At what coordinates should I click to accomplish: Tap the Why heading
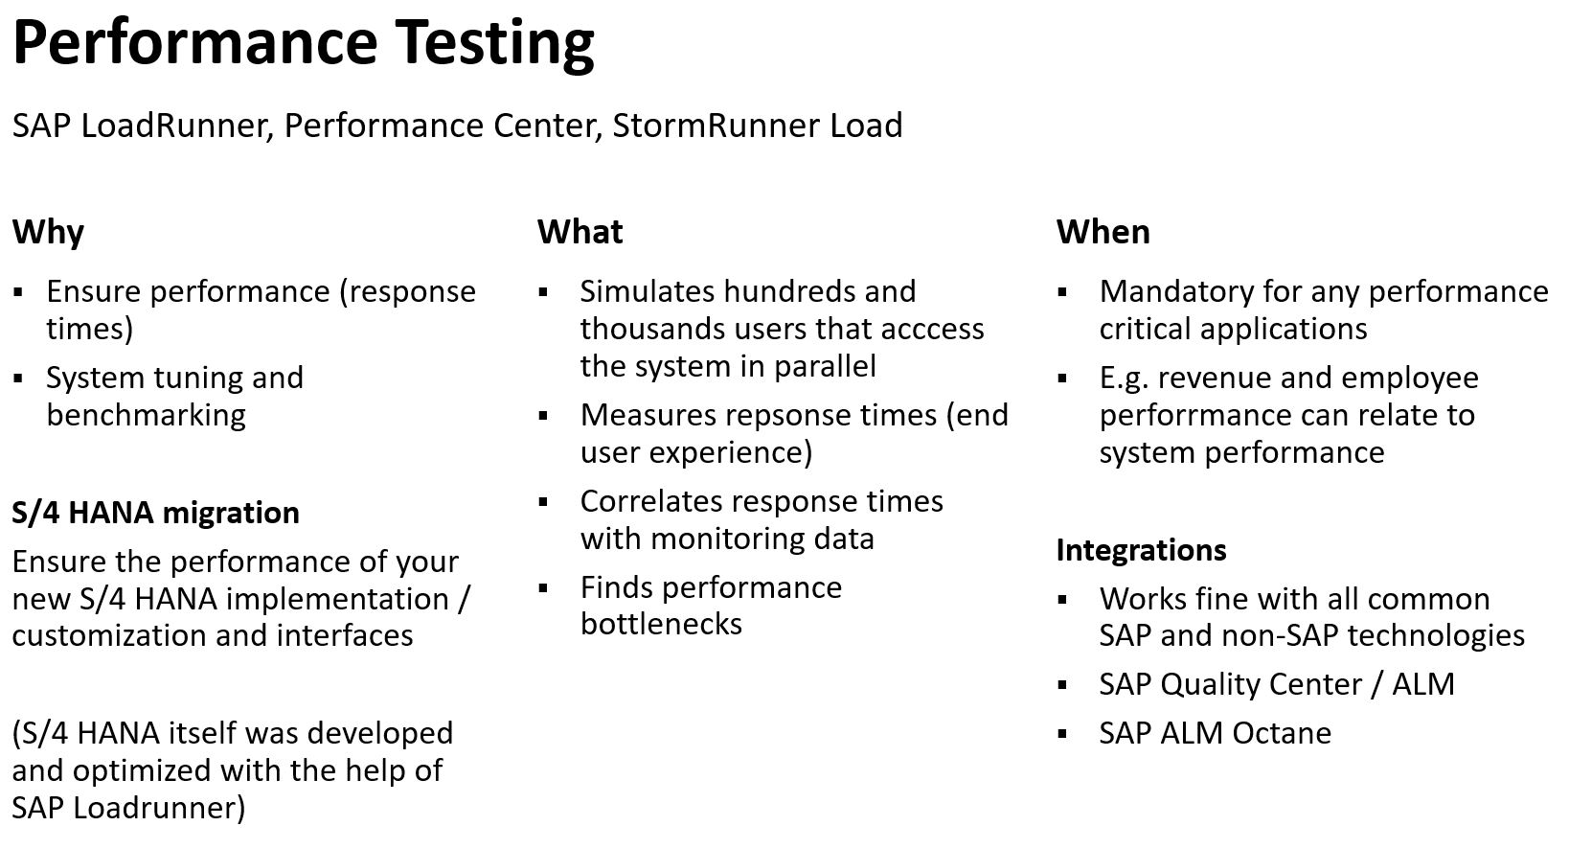48,232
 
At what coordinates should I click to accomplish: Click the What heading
580,232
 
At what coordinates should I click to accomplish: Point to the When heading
1103,232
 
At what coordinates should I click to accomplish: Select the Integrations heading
1141,550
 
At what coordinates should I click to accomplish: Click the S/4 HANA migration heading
155,513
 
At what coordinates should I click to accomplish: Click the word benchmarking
146,415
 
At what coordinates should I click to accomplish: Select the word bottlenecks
661,624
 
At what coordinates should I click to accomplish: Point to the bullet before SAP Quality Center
1062,685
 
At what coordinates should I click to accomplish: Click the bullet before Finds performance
543,587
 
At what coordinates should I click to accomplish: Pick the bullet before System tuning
18,379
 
